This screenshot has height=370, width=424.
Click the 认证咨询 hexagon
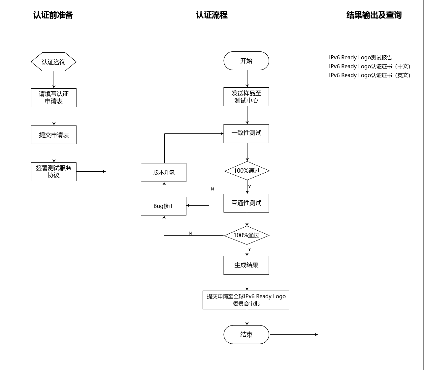(53, 62)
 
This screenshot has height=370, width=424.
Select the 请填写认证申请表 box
(53, 98)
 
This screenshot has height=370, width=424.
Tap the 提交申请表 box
(53, 135)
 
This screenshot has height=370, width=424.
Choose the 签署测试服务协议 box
(53, 172)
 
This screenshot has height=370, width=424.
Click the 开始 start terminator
(246, 61)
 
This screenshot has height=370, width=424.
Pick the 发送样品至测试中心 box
(246, 97)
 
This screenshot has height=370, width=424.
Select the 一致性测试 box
(246, 133)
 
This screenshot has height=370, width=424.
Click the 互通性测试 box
(246, 203)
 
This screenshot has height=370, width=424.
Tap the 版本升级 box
(164, 172)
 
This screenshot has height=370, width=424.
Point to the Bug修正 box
(164, 206)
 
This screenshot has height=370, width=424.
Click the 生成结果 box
(246, 265)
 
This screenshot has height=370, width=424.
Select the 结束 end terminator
(246, 335)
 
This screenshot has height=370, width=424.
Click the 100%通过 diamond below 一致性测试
(247, 171)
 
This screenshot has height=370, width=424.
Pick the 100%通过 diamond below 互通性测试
(246, 235)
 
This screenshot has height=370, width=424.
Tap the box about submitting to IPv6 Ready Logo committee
(246, 300)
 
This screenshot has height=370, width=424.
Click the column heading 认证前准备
(53, 15)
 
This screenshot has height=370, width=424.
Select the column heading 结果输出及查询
(374, 15)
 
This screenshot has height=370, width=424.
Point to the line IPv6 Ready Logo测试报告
(360, 58)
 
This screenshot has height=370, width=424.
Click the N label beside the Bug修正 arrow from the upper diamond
(212, 189)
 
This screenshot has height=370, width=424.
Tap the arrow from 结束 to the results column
(294, 335)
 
